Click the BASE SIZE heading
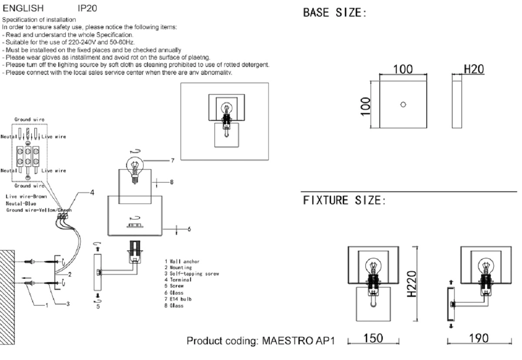pos(335,13)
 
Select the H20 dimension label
pos(474,70)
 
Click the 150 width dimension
pos(373,338)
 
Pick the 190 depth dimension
pos(478,338)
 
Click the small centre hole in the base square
pos(403,104)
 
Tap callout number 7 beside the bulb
pos(172,160)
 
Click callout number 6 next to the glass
pos(189,229)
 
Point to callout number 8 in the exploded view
pos(172,182)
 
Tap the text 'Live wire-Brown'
pos(26,197)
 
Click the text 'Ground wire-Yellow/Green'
pos(38,210)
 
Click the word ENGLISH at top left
pos(23,8)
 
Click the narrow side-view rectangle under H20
pos(456,104)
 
